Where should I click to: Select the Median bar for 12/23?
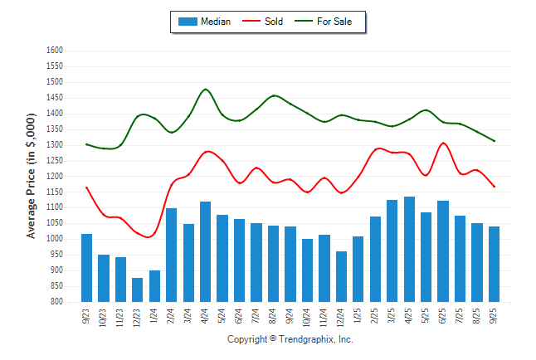pos(137,289)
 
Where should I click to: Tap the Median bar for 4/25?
pos(409,249)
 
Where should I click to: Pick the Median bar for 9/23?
pos(86,268)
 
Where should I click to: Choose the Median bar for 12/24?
pos(341,276)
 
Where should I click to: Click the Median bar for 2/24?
pos(171,255)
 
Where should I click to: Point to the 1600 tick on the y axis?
pos(54,51)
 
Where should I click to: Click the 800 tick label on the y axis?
pos(56,302)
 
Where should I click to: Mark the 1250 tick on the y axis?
pos(54,161)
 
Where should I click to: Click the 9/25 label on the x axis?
pos(494,317)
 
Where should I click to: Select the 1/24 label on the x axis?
pos(154,317)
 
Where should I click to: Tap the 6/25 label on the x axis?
pos(443,317)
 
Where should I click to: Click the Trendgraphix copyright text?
pos(290,339)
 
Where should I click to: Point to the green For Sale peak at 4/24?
pos(205,89)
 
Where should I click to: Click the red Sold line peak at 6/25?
pos(443,143)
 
